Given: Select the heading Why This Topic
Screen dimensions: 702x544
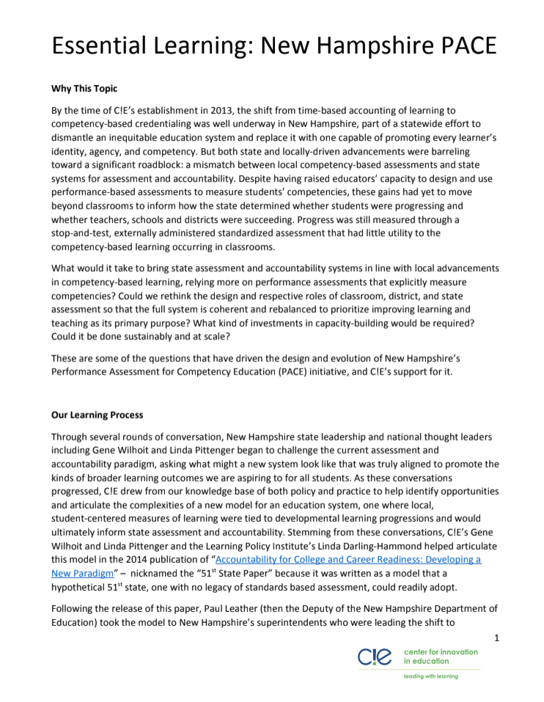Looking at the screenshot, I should (84, 89).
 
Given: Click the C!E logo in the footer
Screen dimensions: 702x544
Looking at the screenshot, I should (375, 657).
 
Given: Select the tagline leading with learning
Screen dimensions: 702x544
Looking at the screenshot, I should (432, 676).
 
